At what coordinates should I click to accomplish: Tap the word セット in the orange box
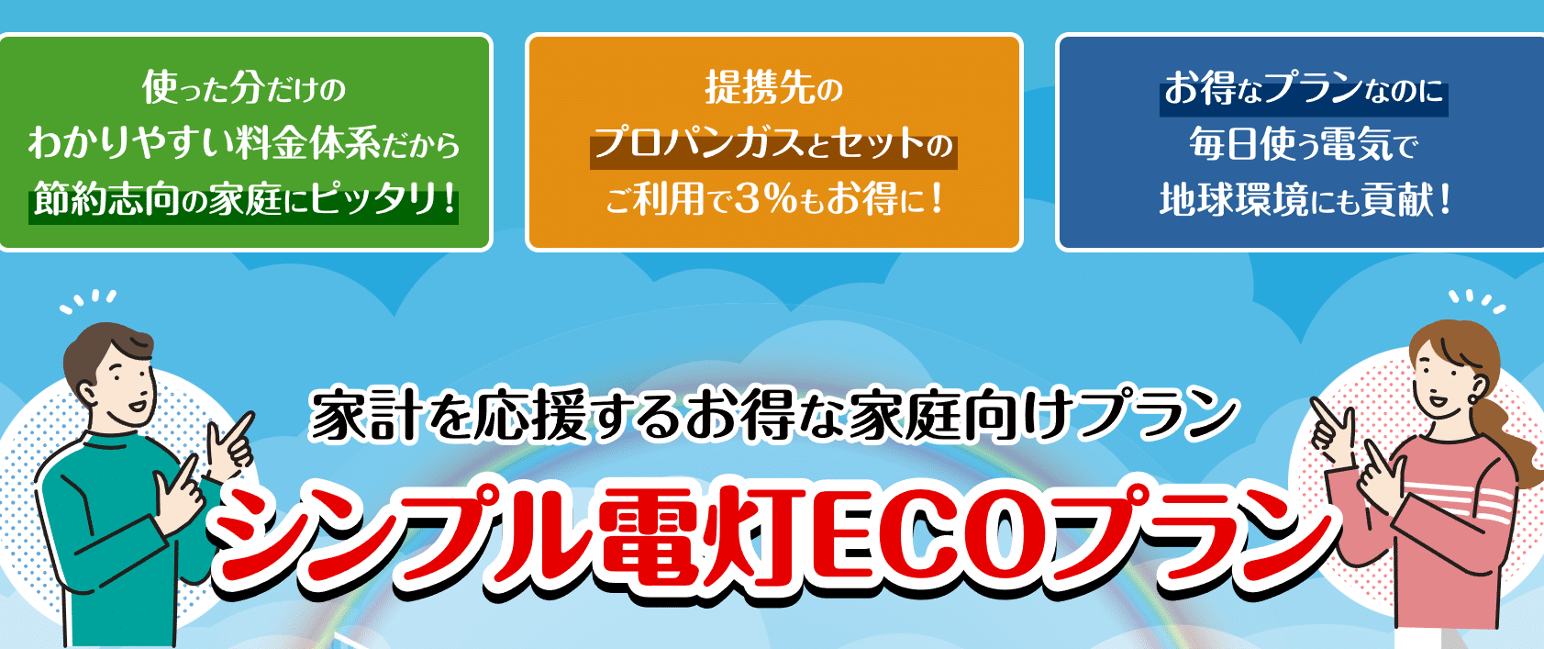click(x=878, y=145)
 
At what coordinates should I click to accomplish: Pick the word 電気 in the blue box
click(x=1355, y=144)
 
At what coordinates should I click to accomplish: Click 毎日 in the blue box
click(x=1225, y=144)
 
